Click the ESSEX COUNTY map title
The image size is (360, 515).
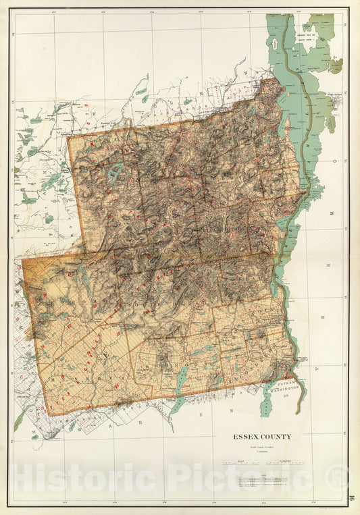263,437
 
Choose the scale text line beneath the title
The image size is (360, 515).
263,447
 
